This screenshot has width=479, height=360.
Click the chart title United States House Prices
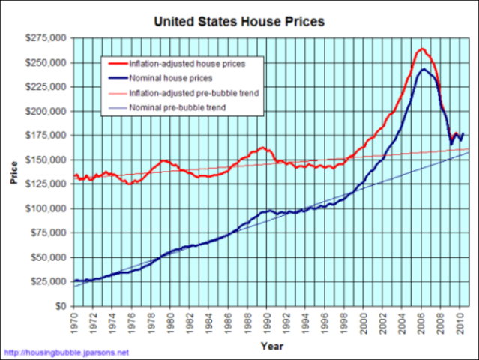239,21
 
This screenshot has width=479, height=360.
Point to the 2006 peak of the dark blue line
424,69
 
